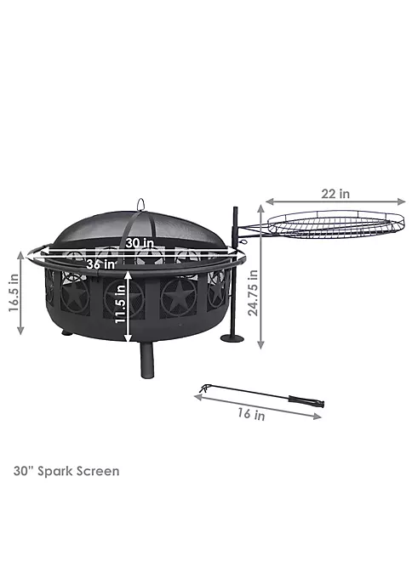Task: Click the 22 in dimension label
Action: pos(335,193)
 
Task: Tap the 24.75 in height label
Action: pos(253,293)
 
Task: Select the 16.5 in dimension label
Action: pos(14,292)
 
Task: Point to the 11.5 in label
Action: pos(120,304)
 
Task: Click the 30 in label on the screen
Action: pos(140,243)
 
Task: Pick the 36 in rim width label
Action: pos(101,264)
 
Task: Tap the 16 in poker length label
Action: pos(252,414)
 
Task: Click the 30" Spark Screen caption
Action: pos(66,471)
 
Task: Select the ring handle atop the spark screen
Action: pos(140,204)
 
